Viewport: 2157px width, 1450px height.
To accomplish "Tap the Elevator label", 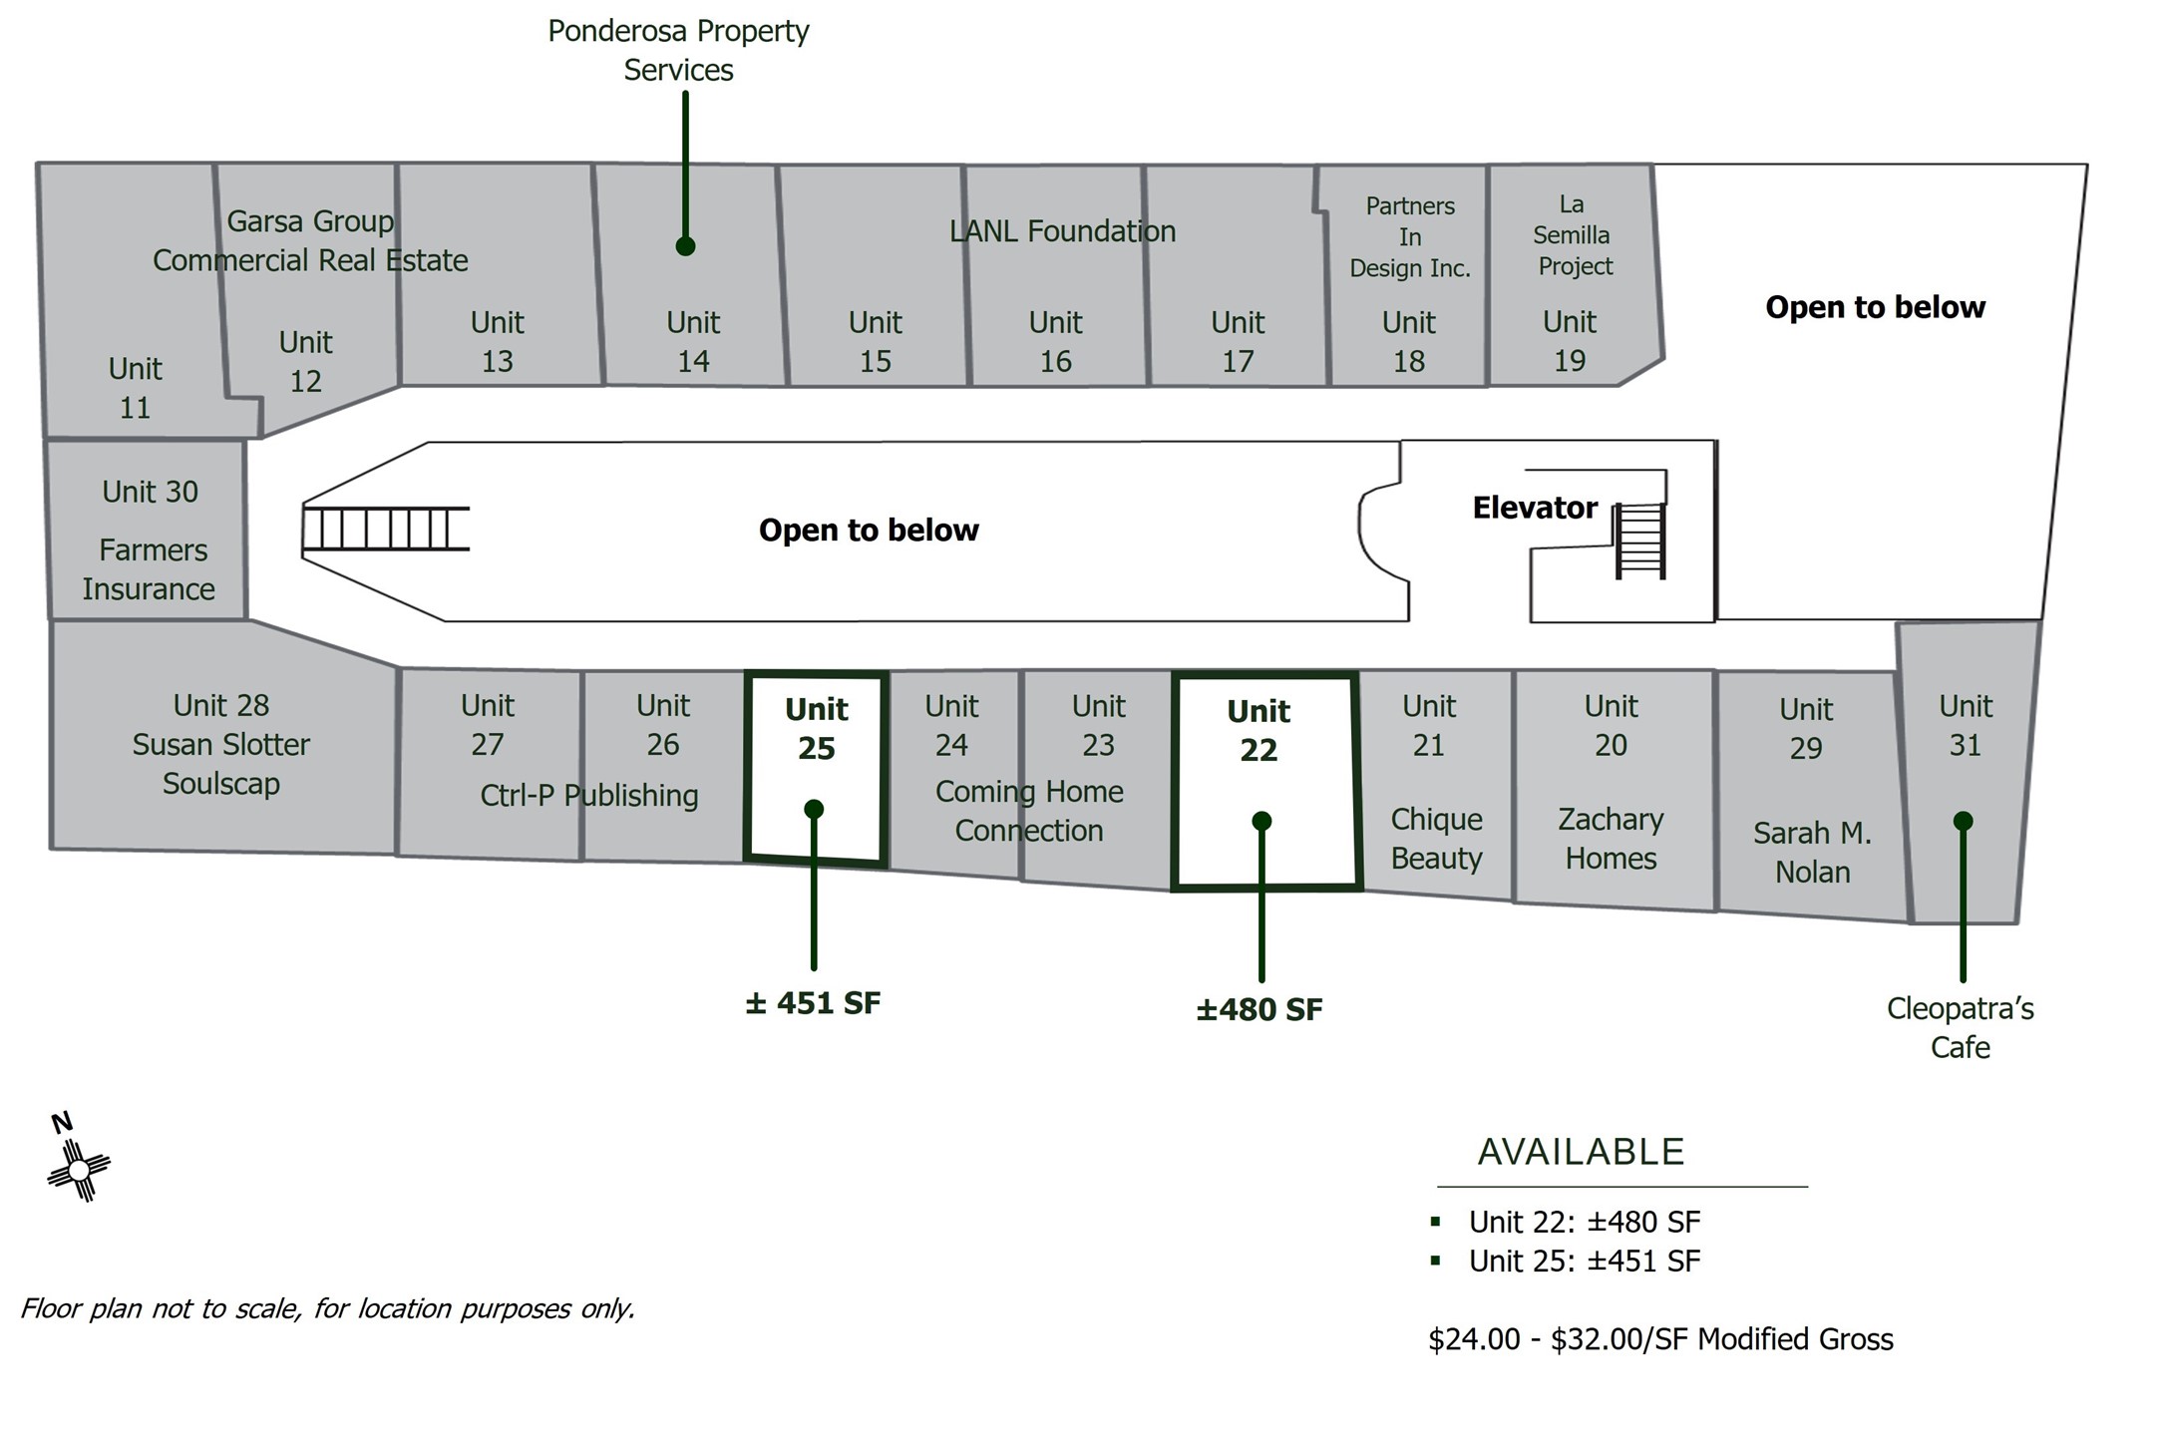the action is (x=1535, y=508).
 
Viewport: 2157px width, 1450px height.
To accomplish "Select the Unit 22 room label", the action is (x=1258, y=730).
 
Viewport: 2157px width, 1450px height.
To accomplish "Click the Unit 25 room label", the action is (x=816, y=729).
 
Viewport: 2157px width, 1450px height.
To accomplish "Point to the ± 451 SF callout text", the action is (x=813, y=1002).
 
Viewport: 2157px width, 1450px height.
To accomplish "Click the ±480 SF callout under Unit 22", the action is (x=1259, y=1009).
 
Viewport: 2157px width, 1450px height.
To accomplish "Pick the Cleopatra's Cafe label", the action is (x=1960, y=1027).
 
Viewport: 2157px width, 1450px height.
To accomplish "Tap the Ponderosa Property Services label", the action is (x=678, y=50).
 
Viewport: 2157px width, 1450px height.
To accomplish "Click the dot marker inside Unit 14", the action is (x=685, y=246).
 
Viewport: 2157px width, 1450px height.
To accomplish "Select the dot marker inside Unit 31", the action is (x=1963, y=821).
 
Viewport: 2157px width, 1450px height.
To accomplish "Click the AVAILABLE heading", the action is (x=1581, y=1152).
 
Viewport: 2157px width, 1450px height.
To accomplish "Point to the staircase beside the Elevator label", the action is (x=1640, y=541).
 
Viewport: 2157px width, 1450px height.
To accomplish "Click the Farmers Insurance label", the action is (x=149, y=569).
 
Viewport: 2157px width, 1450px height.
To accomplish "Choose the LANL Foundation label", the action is (x=1062, y=231).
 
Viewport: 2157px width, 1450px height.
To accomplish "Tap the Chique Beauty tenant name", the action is (x=1436, y=839).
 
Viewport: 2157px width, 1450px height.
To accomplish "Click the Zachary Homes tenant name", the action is (x=1611, y=839).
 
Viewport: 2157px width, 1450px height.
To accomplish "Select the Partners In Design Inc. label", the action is (x=1410, y=237).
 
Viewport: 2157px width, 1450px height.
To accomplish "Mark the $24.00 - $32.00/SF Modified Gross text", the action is (x=1660, y=1339).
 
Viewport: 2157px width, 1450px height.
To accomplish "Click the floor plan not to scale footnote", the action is (x=328, y=1308).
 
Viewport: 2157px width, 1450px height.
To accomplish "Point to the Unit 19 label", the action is (x=1570, y=341).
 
